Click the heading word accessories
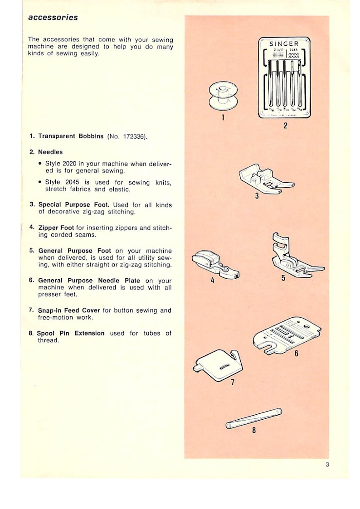coord(53,18)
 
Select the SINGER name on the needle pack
coord(284,44)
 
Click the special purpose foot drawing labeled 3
coord(265,179)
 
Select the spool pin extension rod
coord(254,418)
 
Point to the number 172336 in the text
coord(135,136)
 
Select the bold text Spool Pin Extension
coord(70,333)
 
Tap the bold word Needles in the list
coord(50,152)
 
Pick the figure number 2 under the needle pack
coord(285,126)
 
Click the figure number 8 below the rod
coord(254,430)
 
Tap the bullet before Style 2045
coord(41,182)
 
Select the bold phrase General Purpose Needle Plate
coord(89,281)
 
